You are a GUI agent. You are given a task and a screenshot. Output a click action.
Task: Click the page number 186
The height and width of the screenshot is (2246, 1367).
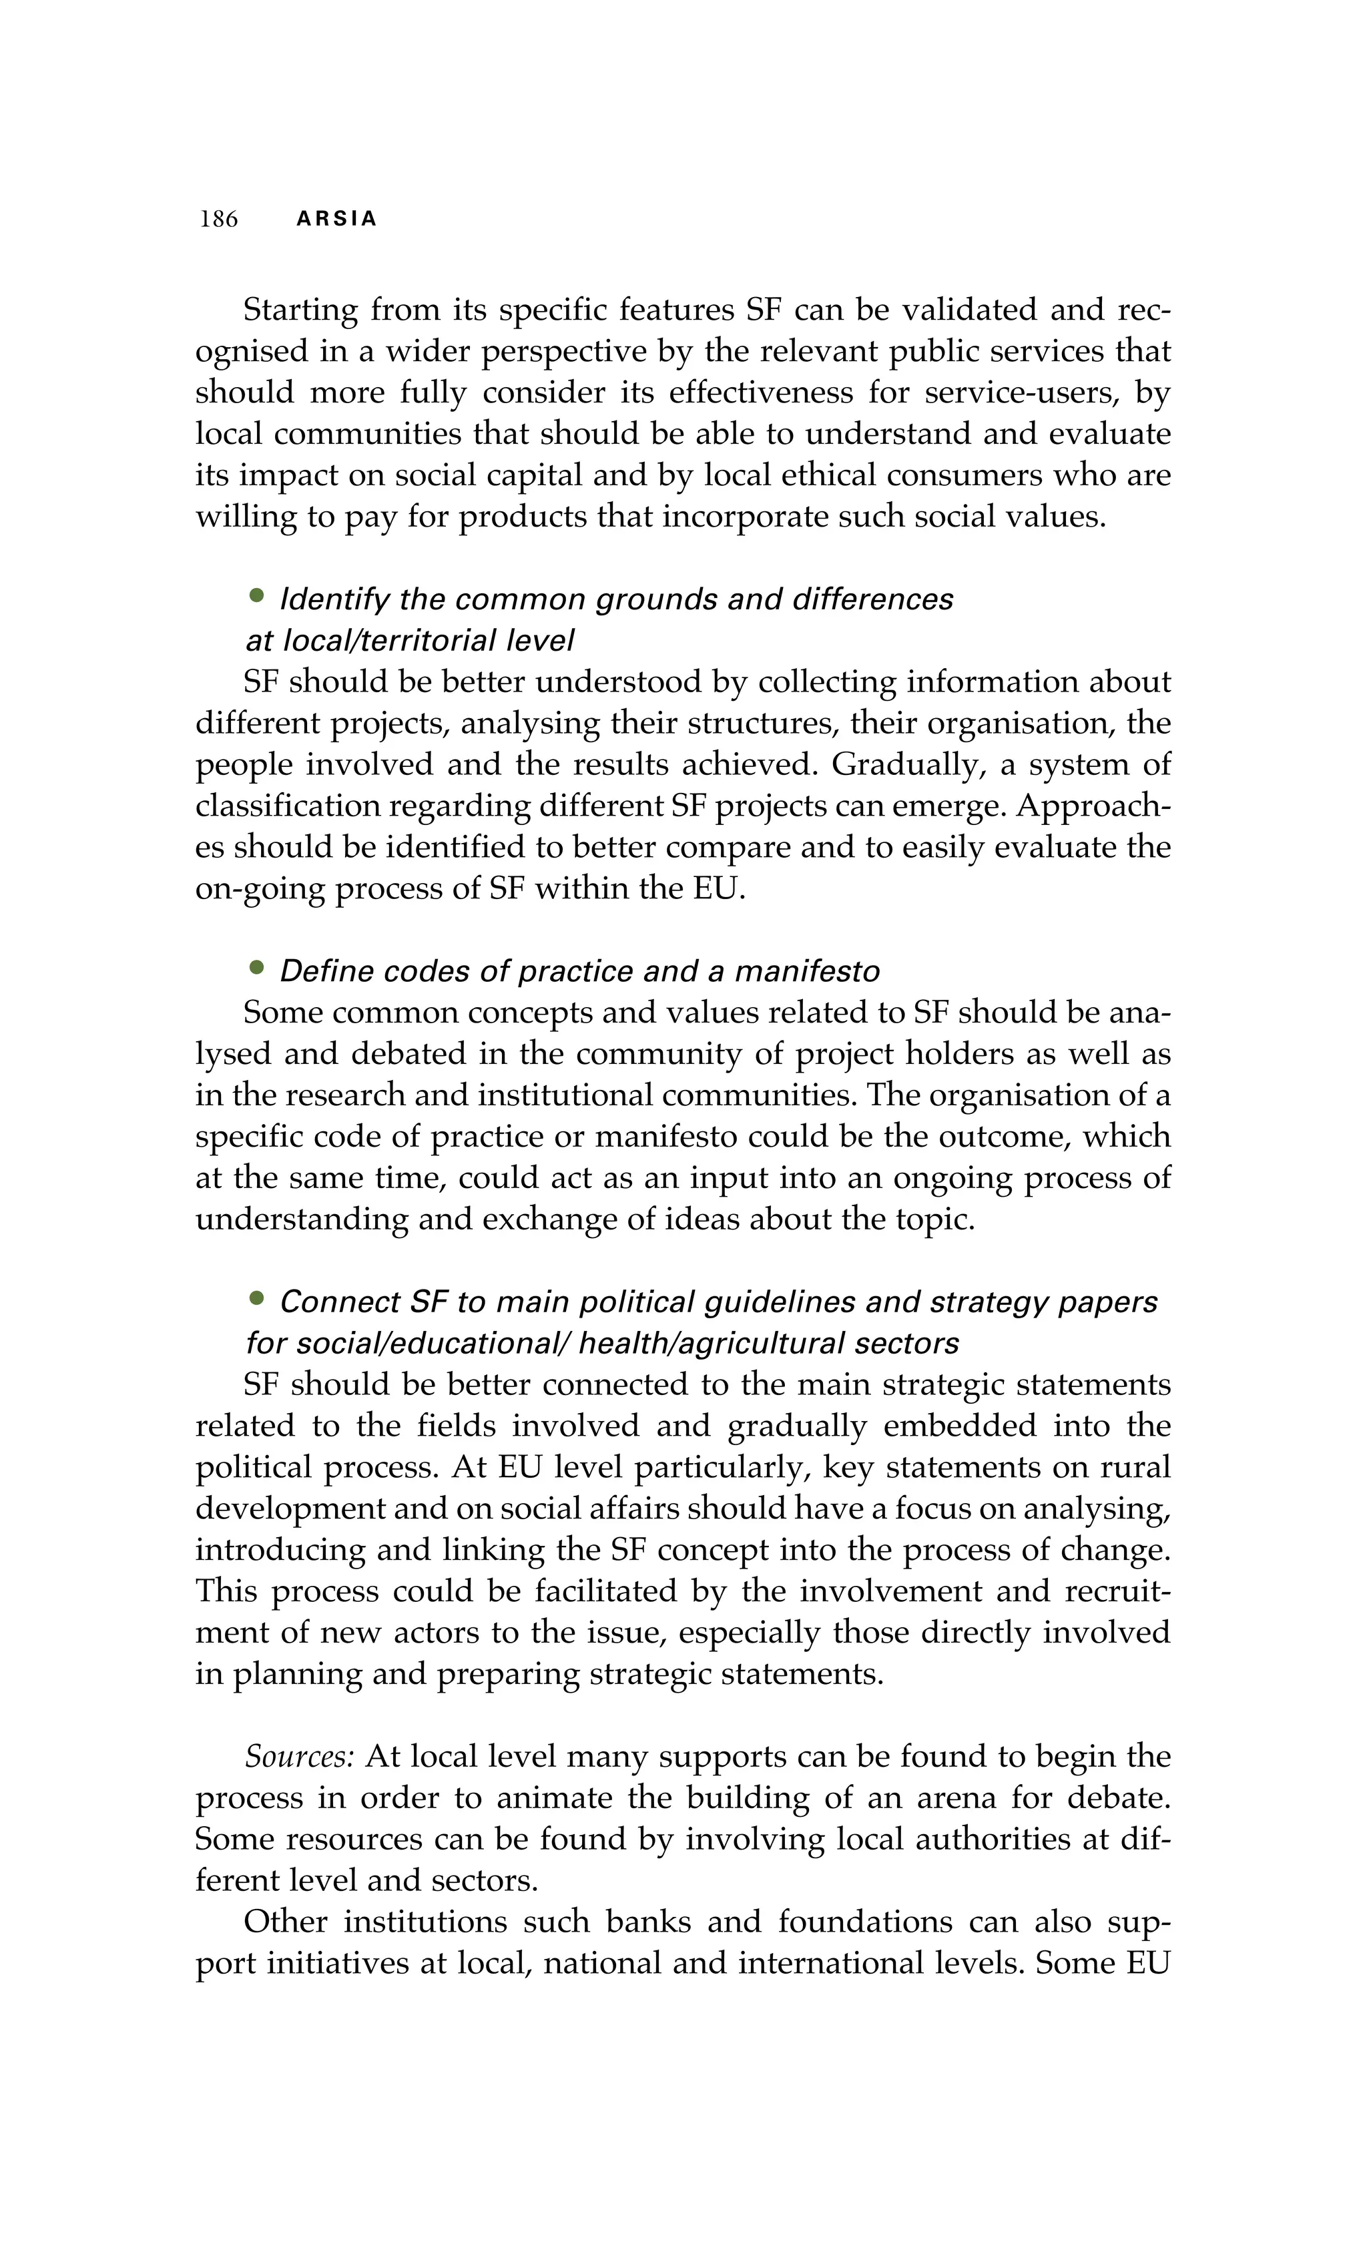pos(219,219)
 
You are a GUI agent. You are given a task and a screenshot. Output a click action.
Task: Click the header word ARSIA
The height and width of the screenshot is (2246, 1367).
pos(337,219)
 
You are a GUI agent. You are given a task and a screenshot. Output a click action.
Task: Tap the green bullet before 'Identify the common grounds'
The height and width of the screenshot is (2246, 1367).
pos(257,596)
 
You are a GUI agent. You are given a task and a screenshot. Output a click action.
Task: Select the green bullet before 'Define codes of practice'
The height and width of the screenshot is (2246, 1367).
pos(257,968)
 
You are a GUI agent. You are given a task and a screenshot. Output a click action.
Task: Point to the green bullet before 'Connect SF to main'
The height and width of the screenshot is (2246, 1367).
pos(257,1299)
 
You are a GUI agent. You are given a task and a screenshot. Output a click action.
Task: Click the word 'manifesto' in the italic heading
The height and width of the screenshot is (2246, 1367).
pos(806,972)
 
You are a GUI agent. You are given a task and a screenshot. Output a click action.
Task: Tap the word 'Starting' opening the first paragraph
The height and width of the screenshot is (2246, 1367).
pos(301,311)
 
